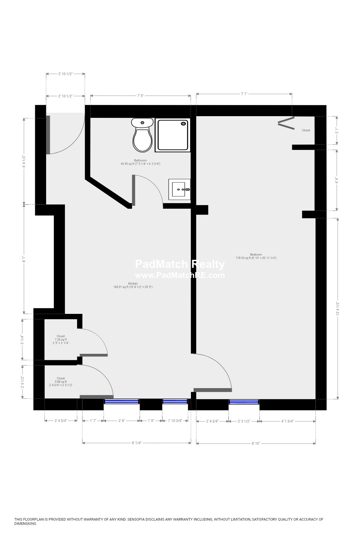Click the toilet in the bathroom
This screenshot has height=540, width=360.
pyautogui.click(x=142, y=135)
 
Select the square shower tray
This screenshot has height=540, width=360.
pyautogui.click(x=173, y=135)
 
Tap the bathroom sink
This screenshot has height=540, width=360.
pyautogui.click(x=179, y=189)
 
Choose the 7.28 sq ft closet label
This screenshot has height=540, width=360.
pyautogui.click(x=61, y=339)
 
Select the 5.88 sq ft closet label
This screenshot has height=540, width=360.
pyautogui.click(x=61, y=382)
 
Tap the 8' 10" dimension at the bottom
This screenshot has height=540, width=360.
pyautogui.click(x=256, y=443)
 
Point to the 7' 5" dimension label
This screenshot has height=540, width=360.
pyautogui.click(x=140, y=96)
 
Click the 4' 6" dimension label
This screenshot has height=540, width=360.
pyautogui.click(x=337, y=180)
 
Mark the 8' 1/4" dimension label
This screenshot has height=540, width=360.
pyautogui.click(x=136, y=443)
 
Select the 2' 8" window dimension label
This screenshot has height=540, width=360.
pyautogui.click(x=121, y=421)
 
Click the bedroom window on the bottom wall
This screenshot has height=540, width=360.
pyautogui.click(x=244, y=402)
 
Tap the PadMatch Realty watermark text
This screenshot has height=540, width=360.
pyautogui.click(x=180, y=264)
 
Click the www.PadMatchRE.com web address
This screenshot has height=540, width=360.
pyautogui.click(x=180, y=275)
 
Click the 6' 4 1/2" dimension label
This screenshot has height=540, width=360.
pyautogui.click(x=24, y=161)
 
